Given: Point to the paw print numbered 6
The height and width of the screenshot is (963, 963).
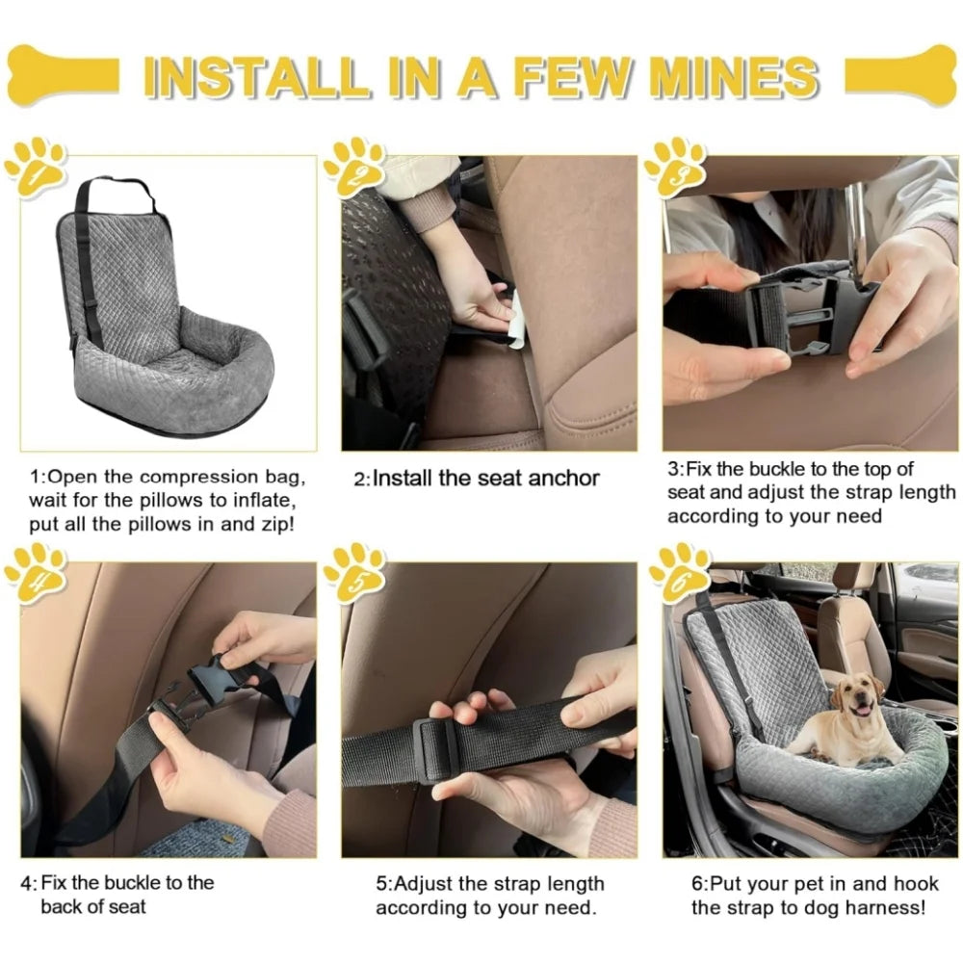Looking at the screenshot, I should [679, 572].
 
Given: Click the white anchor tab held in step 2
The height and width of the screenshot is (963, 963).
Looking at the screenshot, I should [516, 323].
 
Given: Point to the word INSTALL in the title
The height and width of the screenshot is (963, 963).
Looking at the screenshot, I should [254, 77].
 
